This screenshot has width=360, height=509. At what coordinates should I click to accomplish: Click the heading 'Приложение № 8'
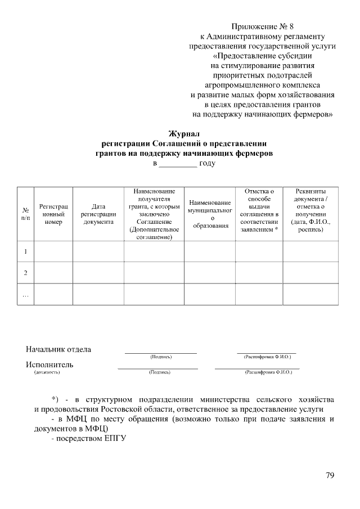[262, 26]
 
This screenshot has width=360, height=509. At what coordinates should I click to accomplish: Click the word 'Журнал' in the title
[185, 133]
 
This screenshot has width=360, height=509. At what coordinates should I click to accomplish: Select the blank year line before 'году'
[178, 164]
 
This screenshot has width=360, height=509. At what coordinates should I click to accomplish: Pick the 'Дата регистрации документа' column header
[98, 214]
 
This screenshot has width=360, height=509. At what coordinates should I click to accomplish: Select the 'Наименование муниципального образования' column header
[210, 214]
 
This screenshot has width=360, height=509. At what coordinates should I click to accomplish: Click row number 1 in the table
[25, 251]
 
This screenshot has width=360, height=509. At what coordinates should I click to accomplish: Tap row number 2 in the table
[25, 273]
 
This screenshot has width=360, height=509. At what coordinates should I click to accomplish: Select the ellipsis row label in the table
[25, 294]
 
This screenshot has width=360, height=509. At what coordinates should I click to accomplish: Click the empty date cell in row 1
[98, 251]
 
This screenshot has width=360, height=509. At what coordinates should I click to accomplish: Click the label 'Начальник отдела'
[58, 349]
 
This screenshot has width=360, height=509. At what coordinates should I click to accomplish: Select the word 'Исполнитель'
[49, 364]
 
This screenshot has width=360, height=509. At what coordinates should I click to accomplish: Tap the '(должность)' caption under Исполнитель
[47, 372]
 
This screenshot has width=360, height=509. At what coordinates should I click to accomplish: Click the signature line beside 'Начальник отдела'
[161, 352]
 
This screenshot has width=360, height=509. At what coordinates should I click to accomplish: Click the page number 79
[330, 476]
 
